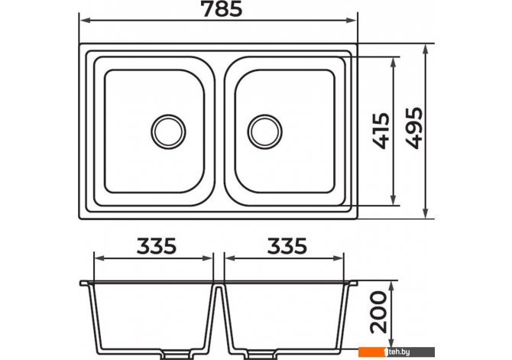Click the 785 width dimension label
tap(222, 9)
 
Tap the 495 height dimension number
tap(413, 128)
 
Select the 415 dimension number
tap(381, 131)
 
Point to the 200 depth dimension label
tap(378, 312)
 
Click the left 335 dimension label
tap(157, 246)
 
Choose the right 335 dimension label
tap(287, 246)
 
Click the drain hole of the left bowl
tap(168, 131)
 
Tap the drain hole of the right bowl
tap(265, 131)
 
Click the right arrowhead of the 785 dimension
tap(352, 20)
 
